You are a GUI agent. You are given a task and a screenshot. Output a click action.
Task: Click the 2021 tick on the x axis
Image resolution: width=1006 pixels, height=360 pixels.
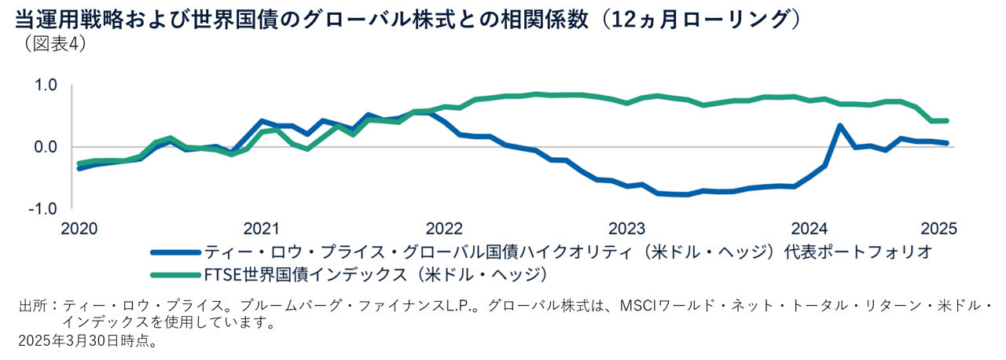pyautogui.click(x=261, y=229)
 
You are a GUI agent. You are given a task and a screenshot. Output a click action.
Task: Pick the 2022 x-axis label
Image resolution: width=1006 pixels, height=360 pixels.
pyautogui.click(x=444, y=229)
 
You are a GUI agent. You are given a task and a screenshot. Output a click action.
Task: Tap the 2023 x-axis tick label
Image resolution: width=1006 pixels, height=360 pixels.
pyautogui.click(x=627, y=229)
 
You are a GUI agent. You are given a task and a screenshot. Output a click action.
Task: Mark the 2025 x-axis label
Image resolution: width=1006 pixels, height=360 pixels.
pyautogui.click(x=937, y=229)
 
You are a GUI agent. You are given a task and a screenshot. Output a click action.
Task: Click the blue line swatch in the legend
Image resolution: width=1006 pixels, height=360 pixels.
pyautogui.click(x=174, y=252)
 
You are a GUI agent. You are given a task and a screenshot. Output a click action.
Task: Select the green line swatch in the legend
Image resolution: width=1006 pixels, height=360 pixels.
pyautogui.click(x=174, y=274)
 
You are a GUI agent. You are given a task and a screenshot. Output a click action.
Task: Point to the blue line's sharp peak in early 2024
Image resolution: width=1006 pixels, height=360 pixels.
pyautogui.click(x=839, y=126)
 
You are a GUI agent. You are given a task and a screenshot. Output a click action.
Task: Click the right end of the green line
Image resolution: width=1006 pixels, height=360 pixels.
pyautogui.click(x=946, y=120)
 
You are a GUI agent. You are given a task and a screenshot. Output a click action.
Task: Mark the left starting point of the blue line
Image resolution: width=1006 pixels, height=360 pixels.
pyautogui.click(x=79, y=168)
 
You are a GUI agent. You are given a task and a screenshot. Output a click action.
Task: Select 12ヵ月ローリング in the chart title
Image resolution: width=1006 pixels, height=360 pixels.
pyautogui.click(x=692, y=19)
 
